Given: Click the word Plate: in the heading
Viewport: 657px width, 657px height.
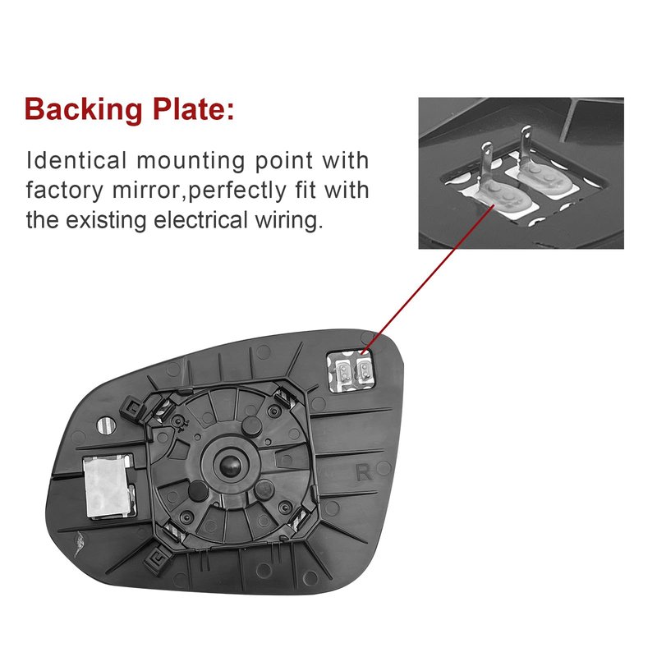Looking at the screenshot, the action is [193, 108].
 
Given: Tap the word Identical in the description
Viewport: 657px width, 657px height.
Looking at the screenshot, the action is [76, 160].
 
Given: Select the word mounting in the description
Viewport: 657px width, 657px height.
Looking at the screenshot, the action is [191, 161].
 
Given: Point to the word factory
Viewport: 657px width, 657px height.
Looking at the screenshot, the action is [65, 191].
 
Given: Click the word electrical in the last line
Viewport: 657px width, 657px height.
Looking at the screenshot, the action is [200, 220].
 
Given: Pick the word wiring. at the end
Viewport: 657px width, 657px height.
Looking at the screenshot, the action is [290, 220].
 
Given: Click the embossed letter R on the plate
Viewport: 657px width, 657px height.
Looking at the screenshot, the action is [364, 472].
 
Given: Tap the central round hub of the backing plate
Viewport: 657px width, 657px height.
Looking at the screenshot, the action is [230, 465].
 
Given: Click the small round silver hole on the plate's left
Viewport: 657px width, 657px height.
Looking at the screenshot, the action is [107, 425].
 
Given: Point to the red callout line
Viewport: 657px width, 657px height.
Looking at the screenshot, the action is [428, 279].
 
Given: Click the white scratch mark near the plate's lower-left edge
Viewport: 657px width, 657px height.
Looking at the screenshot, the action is [80, 543].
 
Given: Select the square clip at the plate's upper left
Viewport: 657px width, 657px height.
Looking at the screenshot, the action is [132, 408].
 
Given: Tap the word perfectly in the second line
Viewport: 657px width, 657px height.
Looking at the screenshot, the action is [237, 191].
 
